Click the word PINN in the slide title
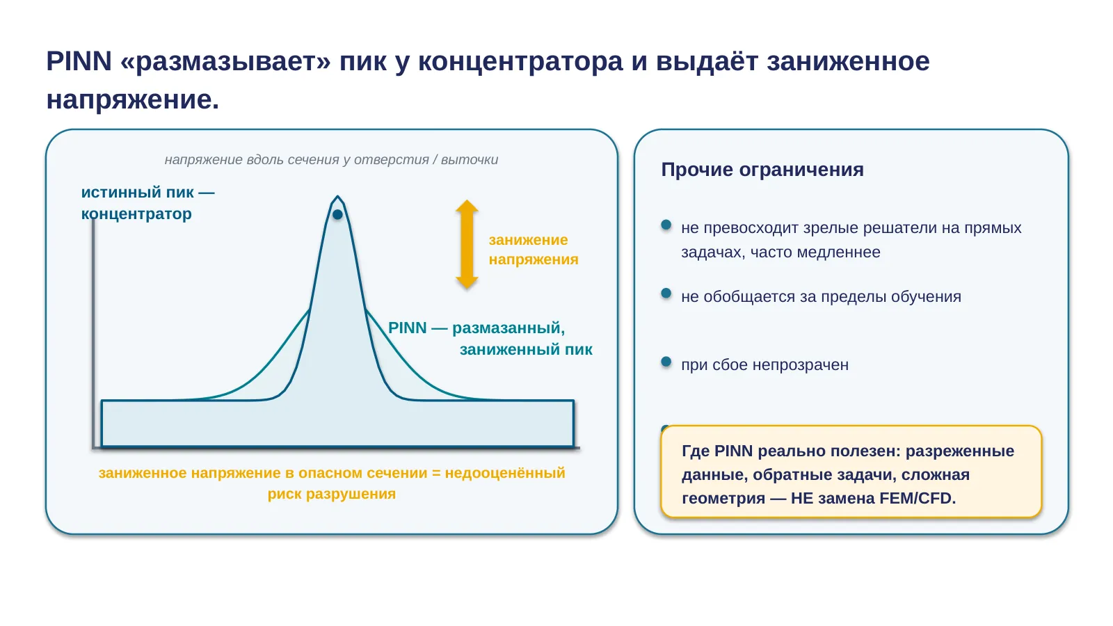click(79, 61)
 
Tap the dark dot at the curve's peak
click(337, 215)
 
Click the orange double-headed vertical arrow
click(467, 244)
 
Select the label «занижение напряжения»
click(534, 250)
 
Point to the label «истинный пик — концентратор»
click(147, 202)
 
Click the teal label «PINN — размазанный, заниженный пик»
click(490, 338)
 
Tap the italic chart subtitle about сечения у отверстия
click(331, 159)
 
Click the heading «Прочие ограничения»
click(762, 170)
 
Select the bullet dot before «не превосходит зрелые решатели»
click(666, 225)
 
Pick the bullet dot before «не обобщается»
click(666, 294)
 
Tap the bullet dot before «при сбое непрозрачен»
click(666, 362)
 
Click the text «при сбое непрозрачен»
click(764, 364)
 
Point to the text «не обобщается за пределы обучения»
click(821, 296)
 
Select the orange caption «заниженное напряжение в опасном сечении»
click(262, 472)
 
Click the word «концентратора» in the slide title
click(520, 62)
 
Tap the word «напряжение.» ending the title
click(133, 100)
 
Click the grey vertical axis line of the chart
click(93, 333)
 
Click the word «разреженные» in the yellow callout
click(960, 451)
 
